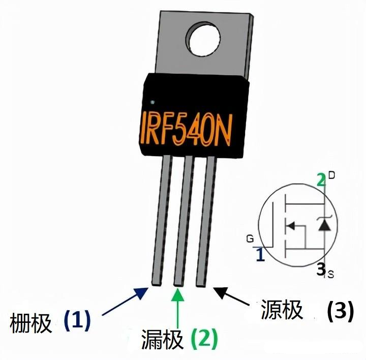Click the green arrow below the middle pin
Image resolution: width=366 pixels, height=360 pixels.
(x=178, y=310)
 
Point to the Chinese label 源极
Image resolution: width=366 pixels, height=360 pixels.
(x=282, y=309)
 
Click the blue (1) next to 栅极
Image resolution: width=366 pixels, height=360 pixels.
(x=77, y=320)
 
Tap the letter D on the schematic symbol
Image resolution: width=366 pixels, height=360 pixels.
(x=331, y=176)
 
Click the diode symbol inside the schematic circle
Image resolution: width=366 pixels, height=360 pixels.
(x=324, y=224)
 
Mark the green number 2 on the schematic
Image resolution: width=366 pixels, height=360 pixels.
(x=320, y=179)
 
